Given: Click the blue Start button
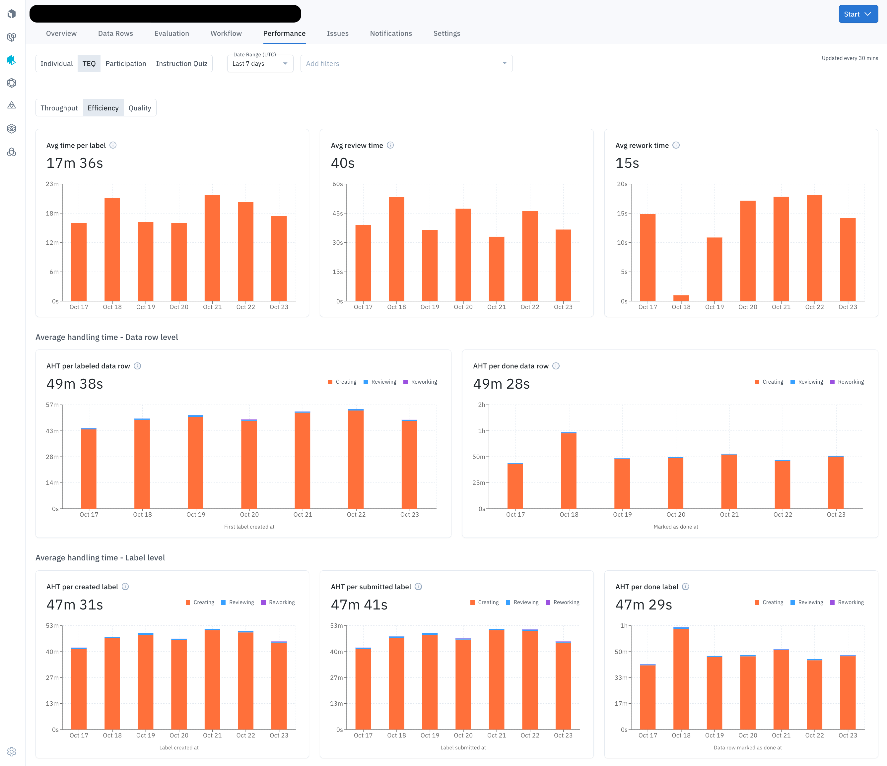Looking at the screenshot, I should coord(857,14).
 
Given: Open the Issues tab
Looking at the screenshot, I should coord(337,33).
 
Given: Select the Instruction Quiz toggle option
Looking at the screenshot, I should coord(181,63).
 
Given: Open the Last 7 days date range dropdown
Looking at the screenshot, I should coord(260,63).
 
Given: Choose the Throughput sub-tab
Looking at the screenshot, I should coord(59,108).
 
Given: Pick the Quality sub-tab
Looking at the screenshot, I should coord(140,108).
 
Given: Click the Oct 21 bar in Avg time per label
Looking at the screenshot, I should coord(212,248).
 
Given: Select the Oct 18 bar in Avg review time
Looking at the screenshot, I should coord(396,249).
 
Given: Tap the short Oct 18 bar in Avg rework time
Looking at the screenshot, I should coord(681,298).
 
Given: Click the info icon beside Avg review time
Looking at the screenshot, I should coord(390,145).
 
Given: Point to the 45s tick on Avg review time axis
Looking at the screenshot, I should coord(337,213).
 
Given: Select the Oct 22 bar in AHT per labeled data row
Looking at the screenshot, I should coord(356,459).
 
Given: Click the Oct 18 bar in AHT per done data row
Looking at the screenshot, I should coord(569,471).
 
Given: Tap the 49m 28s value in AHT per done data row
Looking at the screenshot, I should coord(501,384).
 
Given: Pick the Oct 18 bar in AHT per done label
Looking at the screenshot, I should coord(681,679).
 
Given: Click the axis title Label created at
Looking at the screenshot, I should coord(178,748).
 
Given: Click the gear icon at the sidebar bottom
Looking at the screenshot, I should coord(12,751).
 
